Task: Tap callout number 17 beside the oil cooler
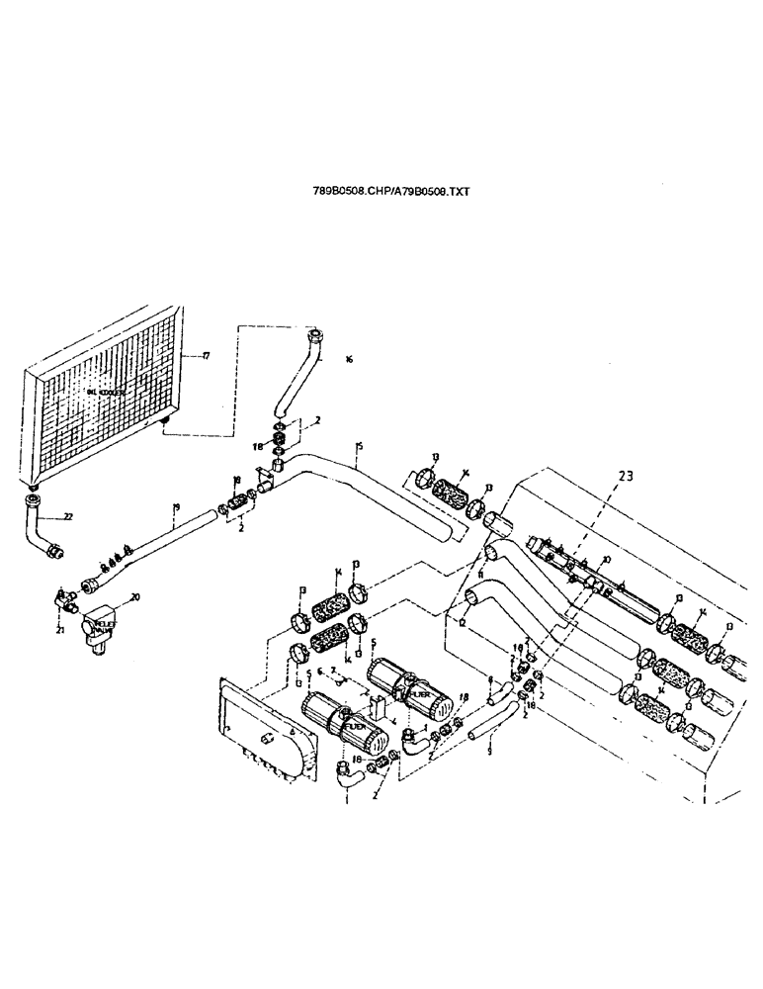206,356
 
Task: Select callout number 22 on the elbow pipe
68,516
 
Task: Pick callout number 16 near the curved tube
348,360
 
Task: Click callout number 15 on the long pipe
359,448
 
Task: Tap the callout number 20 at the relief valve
135,596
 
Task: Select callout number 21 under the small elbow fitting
61,628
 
